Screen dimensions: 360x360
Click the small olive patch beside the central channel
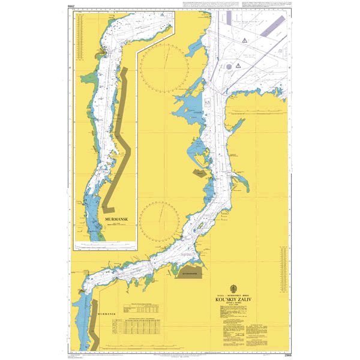[198, 173]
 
